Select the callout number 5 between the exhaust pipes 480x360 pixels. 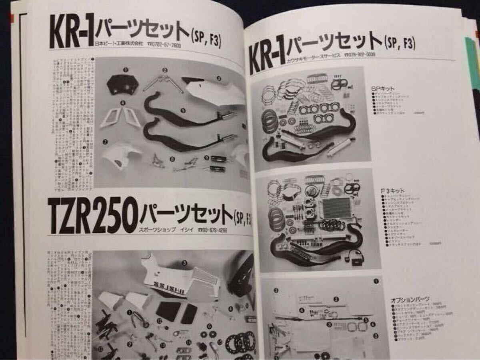click(x=183, y=110)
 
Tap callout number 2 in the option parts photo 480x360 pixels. click(x=336, y=299)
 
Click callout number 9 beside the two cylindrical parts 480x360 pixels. click(x=207, y=157)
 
